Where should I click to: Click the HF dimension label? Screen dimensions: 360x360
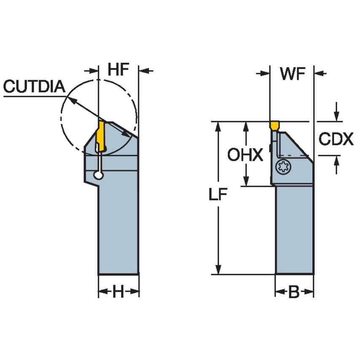click(x=118, y=70)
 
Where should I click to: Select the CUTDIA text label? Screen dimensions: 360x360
click(x=34, y=87)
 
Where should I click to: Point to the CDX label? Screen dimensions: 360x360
click(x=336, y=139)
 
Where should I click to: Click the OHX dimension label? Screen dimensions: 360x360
click(x=245, y=155)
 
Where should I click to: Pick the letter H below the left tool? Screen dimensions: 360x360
click(x=118, y=292)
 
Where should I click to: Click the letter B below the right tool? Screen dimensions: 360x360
click(x=294, y=292)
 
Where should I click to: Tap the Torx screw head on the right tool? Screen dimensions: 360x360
click(x=282, y=167)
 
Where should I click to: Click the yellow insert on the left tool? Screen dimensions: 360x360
click(x=101, y=135)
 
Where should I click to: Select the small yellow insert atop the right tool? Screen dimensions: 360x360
click(x=274, y=125)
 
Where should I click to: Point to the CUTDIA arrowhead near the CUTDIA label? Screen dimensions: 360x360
click(x=72, y=100)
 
